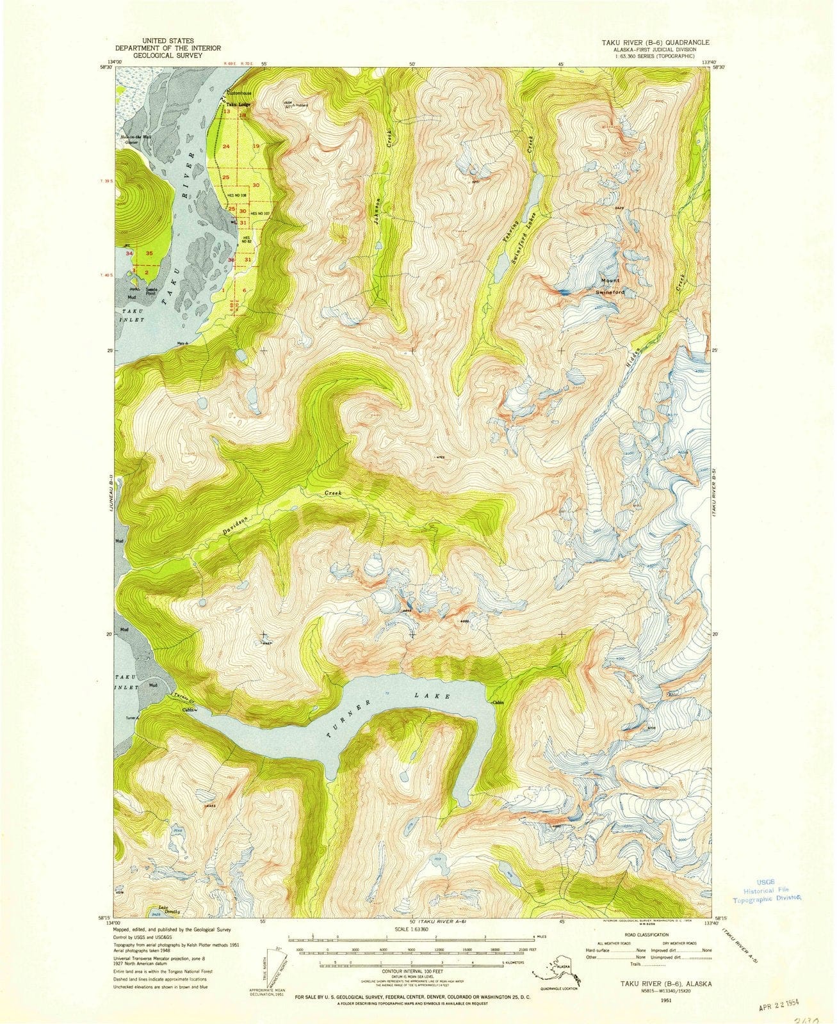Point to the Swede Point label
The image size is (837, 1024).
click(152, 291)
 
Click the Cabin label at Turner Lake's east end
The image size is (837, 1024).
click(500, 703)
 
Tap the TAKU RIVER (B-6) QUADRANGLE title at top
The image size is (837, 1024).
click(651, 42)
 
